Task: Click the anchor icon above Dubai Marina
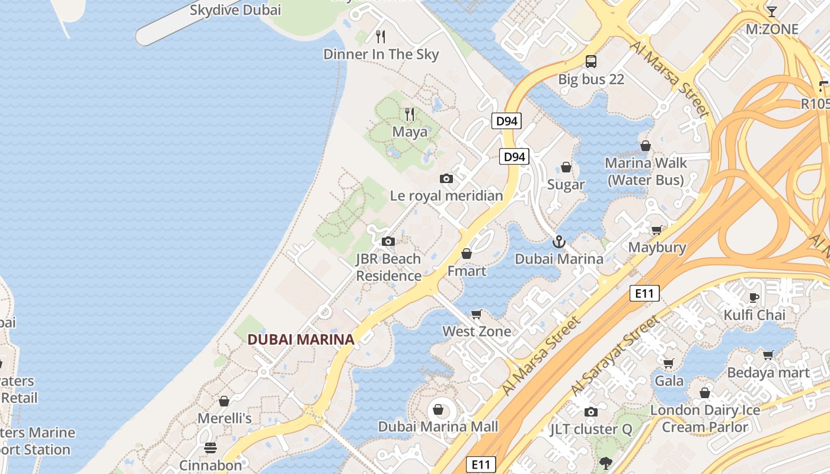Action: (558, 242)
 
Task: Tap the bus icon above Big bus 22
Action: (591, 61)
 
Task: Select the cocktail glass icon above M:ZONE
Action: (771, 11)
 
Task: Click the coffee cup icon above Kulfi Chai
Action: (754, 297)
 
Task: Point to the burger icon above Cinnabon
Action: (210, 447)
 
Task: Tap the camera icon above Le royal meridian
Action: (446, 178)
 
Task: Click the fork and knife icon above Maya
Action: (410, 114)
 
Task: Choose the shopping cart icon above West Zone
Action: (476, 314)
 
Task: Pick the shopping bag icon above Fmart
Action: (467, 254)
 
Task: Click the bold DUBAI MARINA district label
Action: (301, 340)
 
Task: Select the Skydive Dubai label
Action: (235, 9)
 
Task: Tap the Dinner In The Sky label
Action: (381, 55)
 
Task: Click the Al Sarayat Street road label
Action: (615, 356)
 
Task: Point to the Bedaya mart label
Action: (768, 373)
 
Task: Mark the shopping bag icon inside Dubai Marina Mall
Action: (438, 409)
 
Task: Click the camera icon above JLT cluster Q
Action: (590, 412)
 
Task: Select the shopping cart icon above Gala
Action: (669, 363)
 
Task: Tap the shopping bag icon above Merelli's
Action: (224, 401)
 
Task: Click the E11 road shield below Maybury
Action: (644, 293)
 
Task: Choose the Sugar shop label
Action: (566, 185)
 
